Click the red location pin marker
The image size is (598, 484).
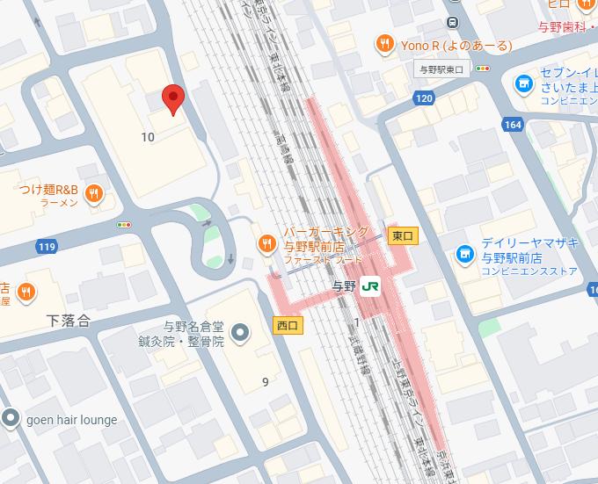(x=174, y=99)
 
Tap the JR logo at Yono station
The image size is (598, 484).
(x=371, y=286)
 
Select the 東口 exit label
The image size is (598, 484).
(x=402, y=235)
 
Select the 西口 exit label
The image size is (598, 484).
(x=288, y=325)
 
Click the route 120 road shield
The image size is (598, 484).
(x=424, y=98)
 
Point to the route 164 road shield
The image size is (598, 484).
(x=513, y=125)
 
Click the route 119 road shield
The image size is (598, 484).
(x=47, y=247)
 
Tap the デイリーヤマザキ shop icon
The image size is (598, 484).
(x=463, y=255)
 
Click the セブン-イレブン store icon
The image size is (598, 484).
(x=523, y=83)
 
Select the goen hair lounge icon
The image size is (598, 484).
(x=11, y=419)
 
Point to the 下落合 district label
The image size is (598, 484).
(x=69, y=321)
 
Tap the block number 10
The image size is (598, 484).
(x=147, y=136)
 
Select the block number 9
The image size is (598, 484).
(x=265, y=381)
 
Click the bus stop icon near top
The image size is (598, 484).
(x=452, y=21)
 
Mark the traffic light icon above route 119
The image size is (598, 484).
(x=124, y=225)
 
